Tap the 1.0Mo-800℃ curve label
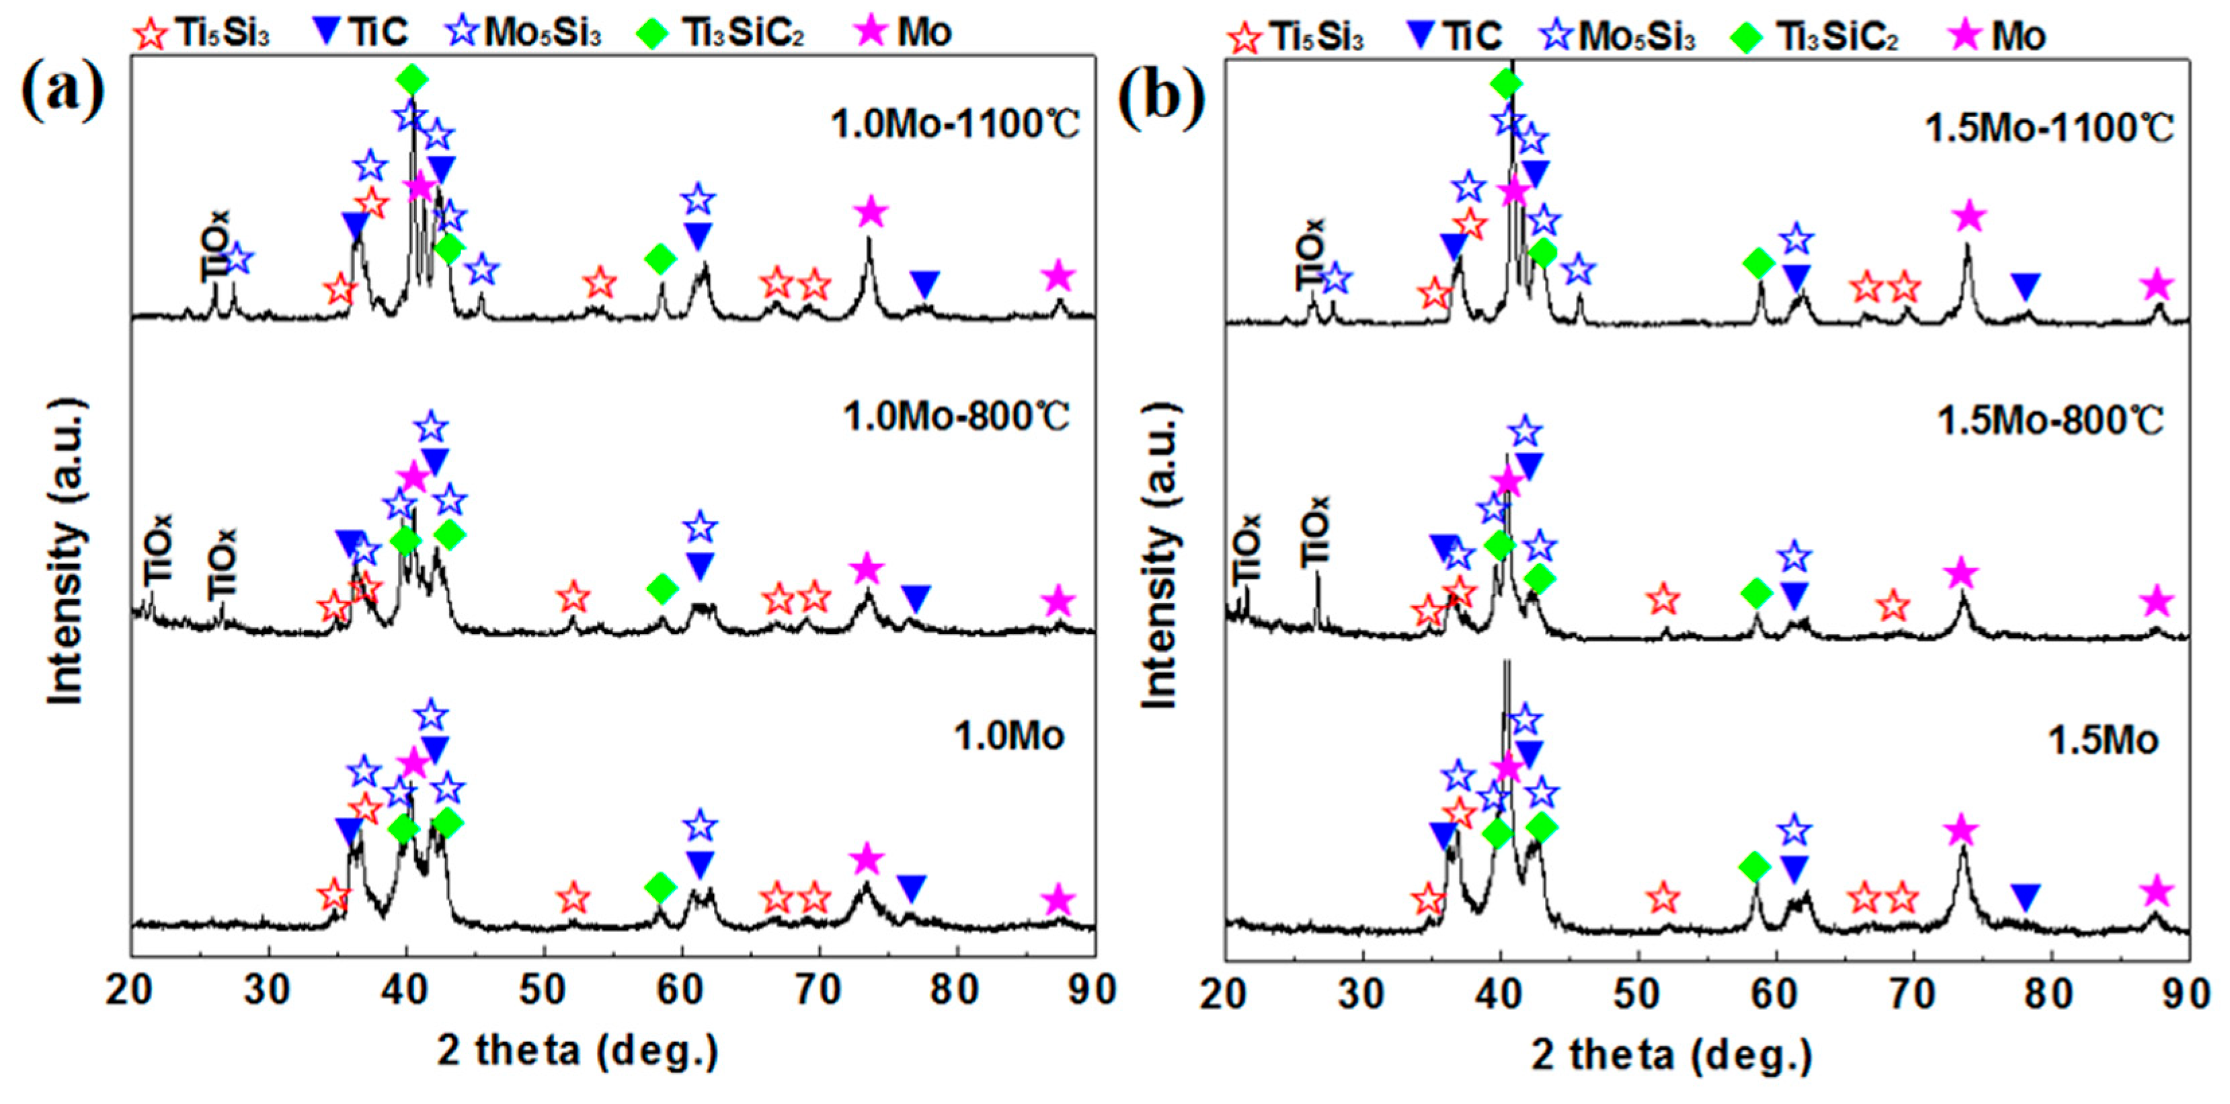957,418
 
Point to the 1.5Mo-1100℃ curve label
2049,129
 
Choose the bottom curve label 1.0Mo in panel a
1008,737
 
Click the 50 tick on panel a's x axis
543,990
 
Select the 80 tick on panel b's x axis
2050,993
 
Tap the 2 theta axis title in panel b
1671,1056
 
